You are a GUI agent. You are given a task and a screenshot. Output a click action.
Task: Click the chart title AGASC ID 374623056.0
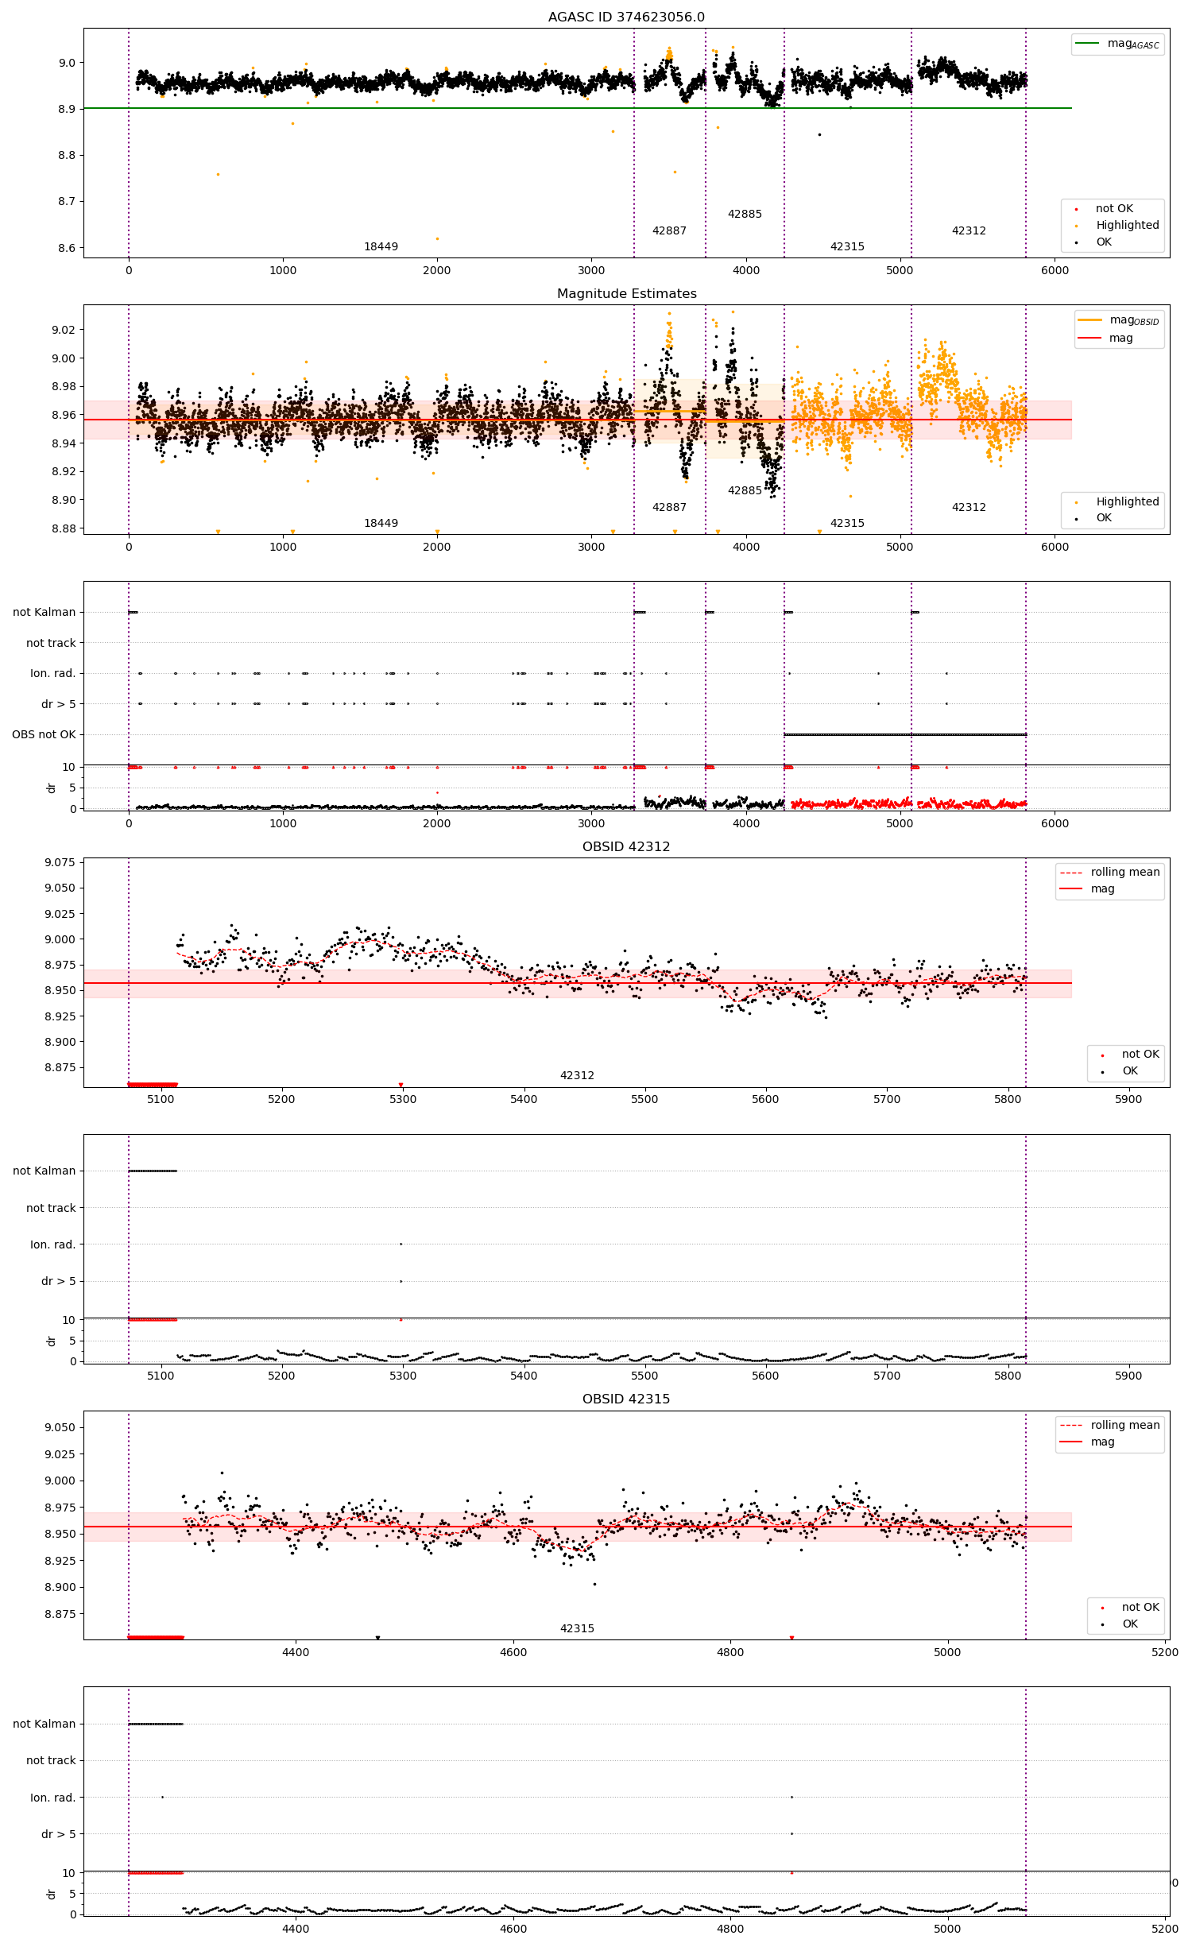pos(626,17)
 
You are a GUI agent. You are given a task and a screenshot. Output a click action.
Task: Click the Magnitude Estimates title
pos(626,293)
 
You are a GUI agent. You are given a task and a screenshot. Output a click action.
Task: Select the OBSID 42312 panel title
pos(626,846)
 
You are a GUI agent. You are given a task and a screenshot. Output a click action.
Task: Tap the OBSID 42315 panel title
pos(626,1399)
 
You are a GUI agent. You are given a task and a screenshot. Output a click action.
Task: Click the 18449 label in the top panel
pos(381,246)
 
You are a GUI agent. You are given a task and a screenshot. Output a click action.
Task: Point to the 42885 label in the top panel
pos(745,214)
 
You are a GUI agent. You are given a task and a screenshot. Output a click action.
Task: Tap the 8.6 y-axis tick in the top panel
pos(67,248)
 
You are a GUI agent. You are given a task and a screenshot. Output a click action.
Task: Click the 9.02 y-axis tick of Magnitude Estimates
pos(63,330)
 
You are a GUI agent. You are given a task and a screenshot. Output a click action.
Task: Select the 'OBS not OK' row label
pos(44,734)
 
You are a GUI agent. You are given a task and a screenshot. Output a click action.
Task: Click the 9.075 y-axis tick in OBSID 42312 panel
pos(60,862)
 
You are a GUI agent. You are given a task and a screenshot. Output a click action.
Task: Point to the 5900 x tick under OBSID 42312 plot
pos(1128,1099)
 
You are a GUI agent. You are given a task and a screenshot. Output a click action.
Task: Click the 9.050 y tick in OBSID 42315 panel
pos(60,1427)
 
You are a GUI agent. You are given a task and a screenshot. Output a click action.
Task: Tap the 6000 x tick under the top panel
pos(1055,270)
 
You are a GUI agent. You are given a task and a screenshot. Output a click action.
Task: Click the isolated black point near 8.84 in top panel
pos(819,134)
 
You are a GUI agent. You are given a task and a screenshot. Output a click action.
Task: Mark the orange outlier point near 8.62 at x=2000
pos(437,238)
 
